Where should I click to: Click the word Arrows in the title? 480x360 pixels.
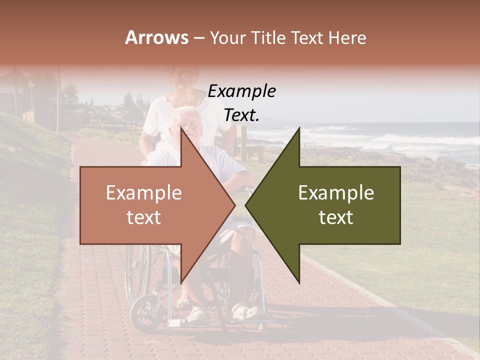pyautogui.click(x=156, y=37)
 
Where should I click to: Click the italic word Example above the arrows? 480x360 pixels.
pyautogui.click(x=241, y=91)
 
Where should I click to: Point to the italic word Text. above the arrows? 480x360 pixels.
pyautogui.click(x=241, y=115)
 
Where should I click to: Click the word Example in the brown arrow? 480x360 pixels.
pyautogui.click(x=143, y=193)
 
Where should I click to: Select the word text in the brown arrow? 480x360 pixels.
pyautogui.click(x=143, y=217)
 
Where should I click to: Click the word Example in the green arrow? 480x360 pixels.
pyautogui.click(x=336, y=193)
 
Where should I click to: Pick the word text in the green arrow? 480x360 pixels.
pyautogui.click(x=336, y=217)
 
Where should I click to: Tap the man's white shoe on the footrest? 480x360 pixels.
pyautogui.click(x=246, y=312)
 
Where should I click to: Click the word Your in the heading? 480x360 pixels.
pyautogui.click(x=227, y=38)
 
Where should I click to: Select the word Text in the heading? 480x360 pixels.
pyautogui.click(x=307, y=38)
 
